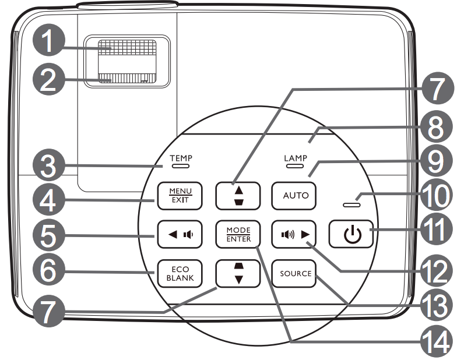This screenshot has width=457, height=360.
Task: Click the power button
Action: (349, 235)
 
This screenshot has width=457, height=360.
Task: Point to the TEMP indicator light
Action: (180, 165)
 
